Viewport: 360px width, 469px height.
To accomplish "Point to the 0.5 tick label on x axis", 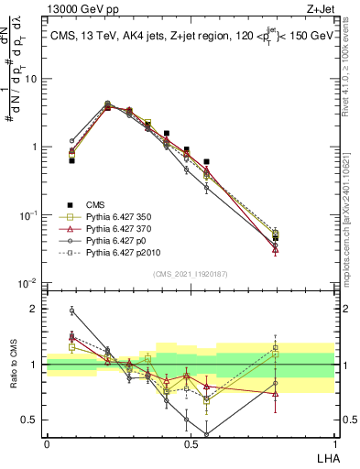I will point(190,444).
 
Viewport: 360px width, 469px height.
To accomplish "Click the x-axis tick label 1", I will point(333,444).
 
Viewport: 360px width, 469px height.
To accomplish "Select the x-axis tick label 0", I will point(47,444).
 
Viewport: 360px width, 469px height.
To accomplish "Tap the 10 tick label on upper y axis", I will point(32,79).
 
